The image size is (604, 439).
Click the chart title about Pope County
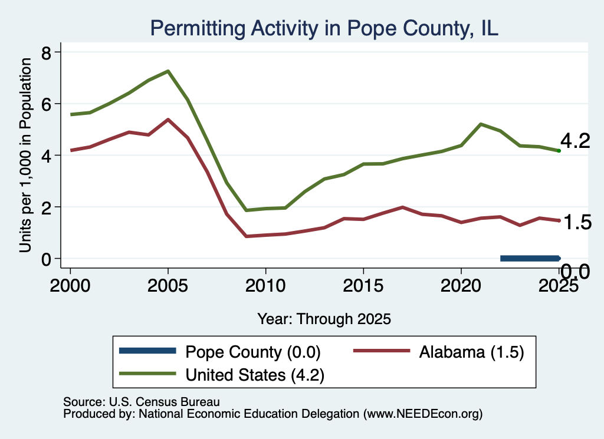tap(324, 28)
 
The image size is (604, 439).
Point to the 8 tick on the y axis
tap(46, 52)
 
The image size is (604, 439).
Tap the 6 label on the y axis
tap(46, 104)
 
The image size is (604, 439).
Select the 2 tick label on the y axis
tap(46, 207)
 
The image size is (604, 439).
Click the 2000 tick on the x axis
tap(70, 285)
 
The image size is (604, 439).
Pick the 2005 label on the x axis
tap(168, 285)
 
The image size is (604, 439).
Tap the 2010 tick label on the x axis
tap(265, 285)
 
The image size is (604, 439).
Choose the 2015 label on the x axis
tap(363, 285)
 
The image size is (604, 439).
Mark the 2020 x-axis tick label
tap(461, 285)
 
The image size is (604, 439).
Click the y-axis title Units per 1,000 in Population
tap(25, 155)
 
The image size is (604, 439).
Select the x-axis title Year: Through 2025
tap(324, 319)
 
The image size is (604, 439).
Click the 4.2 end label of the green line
tap(575, 141)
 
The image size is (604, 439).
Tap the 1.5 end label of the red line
tap(577, 222)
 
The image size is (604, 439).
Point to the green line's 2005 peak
tap(168, 71)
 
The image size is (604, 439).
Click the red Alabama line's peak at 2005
tap(168, 120)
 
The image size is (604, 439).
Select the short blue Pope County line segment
tap(530, 258)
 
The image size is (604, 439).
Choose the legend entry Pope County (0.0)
tap(220, 352)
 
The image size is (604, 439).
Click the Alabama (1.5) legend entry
tap(439, 352)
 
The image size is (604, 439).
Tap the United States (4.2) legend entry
tap(222, 374)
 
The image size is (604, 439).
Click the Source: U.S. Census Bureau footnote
tap(142, 402)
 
